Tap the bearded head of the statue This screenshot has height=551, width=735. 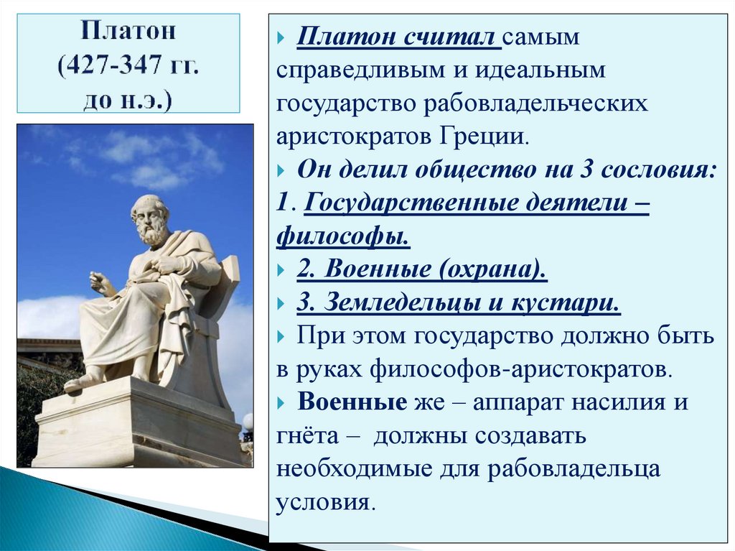(150, 220)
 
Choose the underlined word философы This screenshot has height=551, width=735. (343, 236)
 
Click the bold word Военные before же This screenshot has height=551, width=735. (352, 402)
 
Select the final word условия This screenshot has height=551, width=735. (324, 502)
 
